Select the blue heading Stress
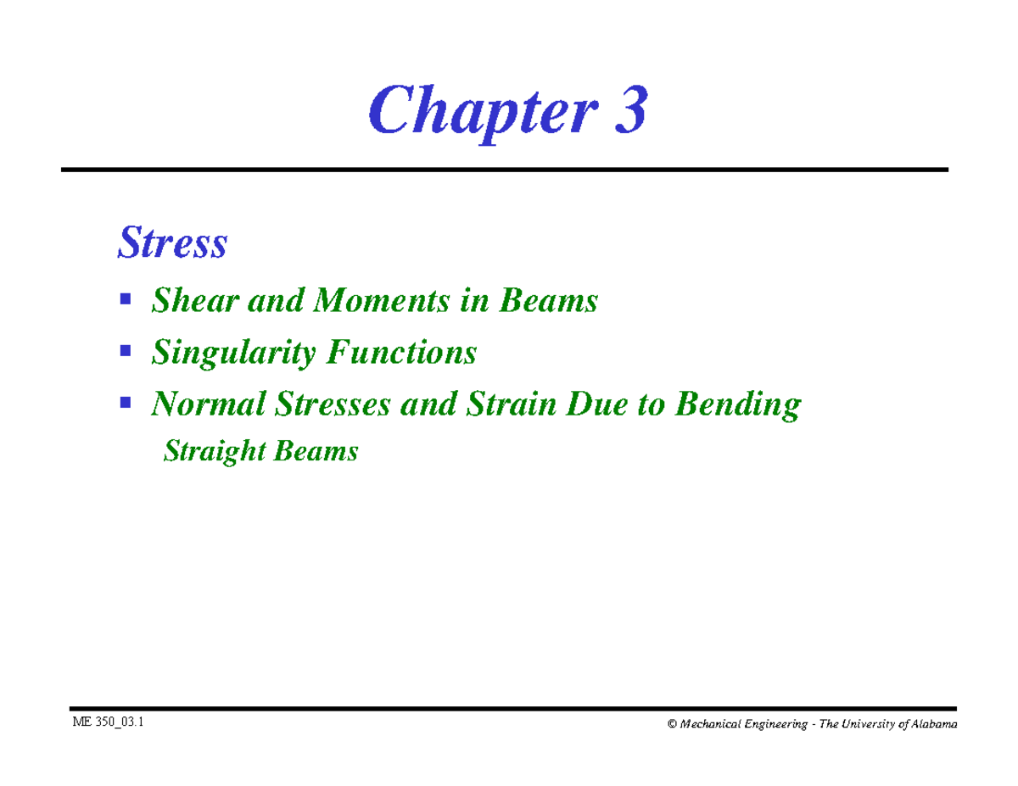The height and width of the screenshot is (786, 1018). click(x=172, y=243)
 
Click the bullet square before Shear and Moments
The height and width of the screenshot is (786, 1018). click(x=126, y=299)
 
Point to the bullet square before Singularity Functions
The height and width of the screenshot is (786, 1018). click(x=126, y=350)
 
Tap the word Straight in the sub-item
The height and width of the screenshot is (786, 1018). click(x=204, y=452)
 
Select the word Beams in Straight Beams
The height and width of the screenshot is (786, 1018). click(x=316, y=451)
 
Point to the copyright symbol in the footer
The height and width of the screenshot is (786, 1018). click(x=672, y=724)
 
